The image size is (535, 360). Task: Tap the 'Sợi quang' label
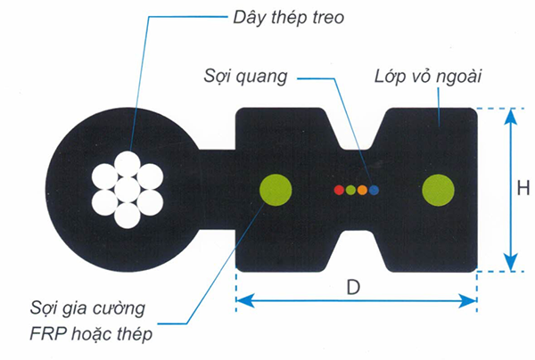coord(242,77)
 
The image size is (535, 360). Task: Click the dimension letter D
coord(356,288)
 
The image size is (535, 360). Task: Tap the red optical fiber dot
coord(338,189)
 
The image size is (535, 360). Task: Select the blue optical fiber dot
coord(374,189)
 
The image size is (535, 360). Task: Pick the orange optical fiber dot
coord(362,189)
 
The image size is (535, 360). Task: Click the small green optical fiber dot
coord(350,189)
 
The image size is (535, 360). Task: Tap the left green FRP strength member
coord(276,189)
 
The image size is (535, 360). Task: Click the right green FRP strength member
coord(439,189)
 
